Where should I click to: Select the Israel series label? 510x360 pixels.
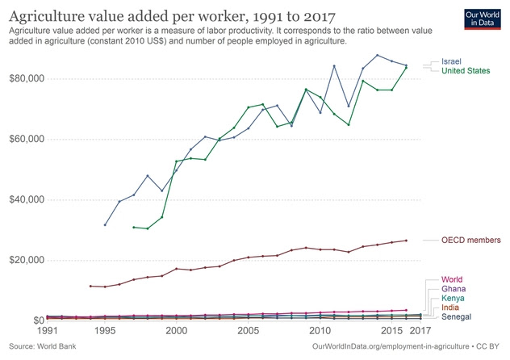tap(453, 61)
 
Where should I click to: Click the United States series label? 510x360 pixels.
tap(466, 71)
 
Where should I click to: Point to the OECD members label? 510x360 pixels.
tap(471, 240)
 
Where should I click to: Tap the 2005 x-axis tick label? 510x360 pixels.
tap(248, 331)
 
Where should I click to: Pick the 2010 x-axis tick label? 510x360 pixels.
tap(320, 331)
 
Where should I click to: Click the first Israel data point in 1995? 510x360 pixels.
tap(105, 224)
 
